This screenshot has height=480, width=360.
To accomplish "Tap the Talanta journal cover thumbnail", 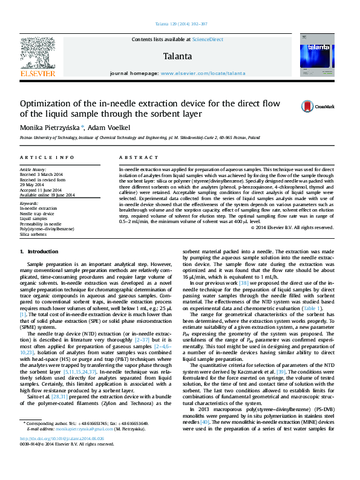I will tap(316, 55).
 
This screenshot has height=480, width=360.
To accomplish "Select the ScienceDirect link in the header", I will tap(208, 39).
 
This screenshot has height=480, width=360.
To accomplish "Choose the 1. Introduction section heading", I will tap(39, 251).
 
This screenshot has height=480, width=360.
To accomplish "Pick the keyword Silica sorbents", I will tap(34, 233).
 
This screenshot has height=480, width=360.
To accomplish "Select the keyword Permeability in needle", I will tap(41, 224).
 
